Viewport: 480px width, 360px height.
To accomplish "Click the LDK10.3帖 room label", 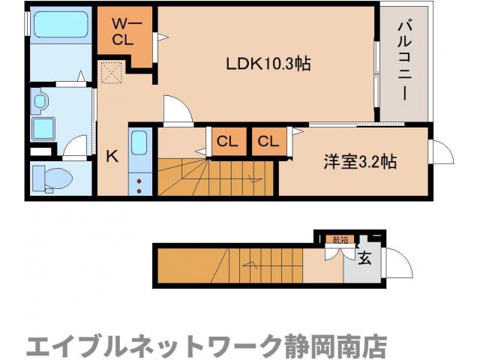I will pyautogui.click(x=268, y=64).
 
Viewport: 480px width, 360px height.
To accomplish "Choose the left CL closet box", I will pyautogui.click(x=227, y=141).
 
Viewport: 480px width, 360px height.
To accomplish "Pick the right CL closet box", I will pyautogui.click(x=269, y=141).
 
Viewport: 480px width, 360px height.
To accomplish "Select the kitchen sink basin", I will pyautogui.click(x=139, y=143).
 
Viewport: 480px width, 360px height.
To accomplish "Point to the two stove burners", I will pyautogui.click(x=139, y=184).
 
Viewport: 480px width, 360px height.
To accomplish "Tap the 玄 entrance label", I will pyautogui.click(x=364, y=259).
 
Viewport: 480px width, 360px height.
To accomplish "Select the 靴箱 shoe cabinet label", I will pyautogui.click(x=340, y=240).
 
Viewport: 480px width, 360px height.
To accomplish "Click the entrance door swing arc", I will pyautogui.click(x=401, y=264).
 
